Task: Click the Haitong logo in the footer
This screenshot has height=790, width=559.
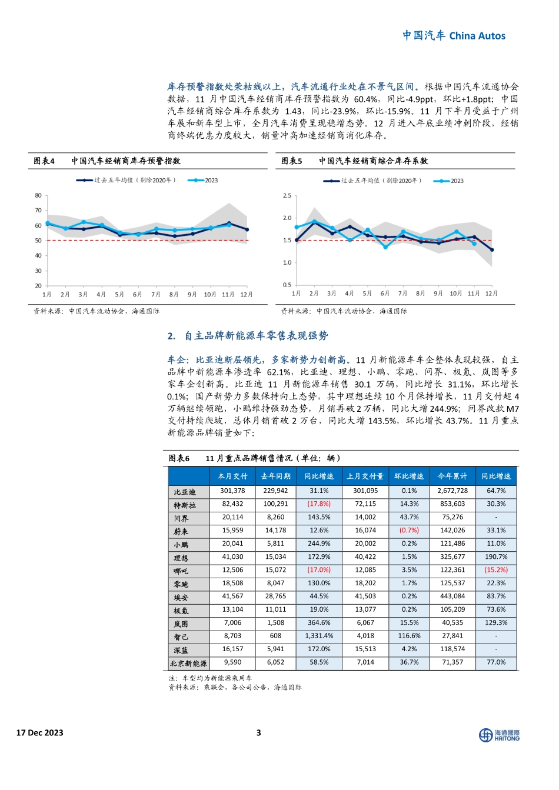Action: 499,735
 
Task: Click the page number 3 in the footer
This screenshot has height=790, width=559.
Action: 258,732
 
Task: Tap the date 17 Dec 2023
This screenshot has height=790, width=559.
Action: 40,732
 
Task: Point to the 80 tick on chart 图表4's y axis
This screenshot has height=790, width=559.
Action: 38,195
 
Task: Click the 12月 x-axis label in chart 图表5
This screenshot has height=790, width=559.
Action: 491,293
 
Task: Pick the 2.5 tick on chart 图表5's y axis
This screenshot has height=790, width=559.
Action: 287,195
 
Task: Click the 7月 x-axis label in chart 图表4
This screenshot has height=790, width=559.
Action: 156,294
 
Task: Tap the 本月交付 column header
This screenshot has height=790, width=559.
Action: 232,476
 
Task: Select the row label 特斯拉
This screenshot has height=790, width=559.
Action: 185,505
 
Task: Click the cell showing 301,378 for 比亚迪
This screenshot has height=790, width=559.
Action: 232,491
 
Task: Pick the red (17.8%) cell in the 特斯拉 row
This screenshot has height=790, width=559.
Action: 319,504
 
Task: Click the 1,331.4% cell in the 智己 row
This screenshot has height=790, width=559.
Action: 319,636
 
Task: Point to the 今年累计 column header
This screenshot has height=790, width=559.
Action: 452,476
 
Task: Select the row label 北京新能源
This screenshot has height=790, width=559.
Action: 188,663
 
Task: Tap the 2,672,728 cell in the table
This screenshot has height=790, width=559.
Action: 452,491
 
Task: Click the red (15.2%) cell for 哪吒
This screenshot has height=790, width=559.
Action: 495,570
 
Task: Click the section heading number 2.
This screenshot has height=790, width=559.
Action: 171,336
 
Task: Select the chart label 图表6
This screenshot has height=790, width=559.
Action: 179,458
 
